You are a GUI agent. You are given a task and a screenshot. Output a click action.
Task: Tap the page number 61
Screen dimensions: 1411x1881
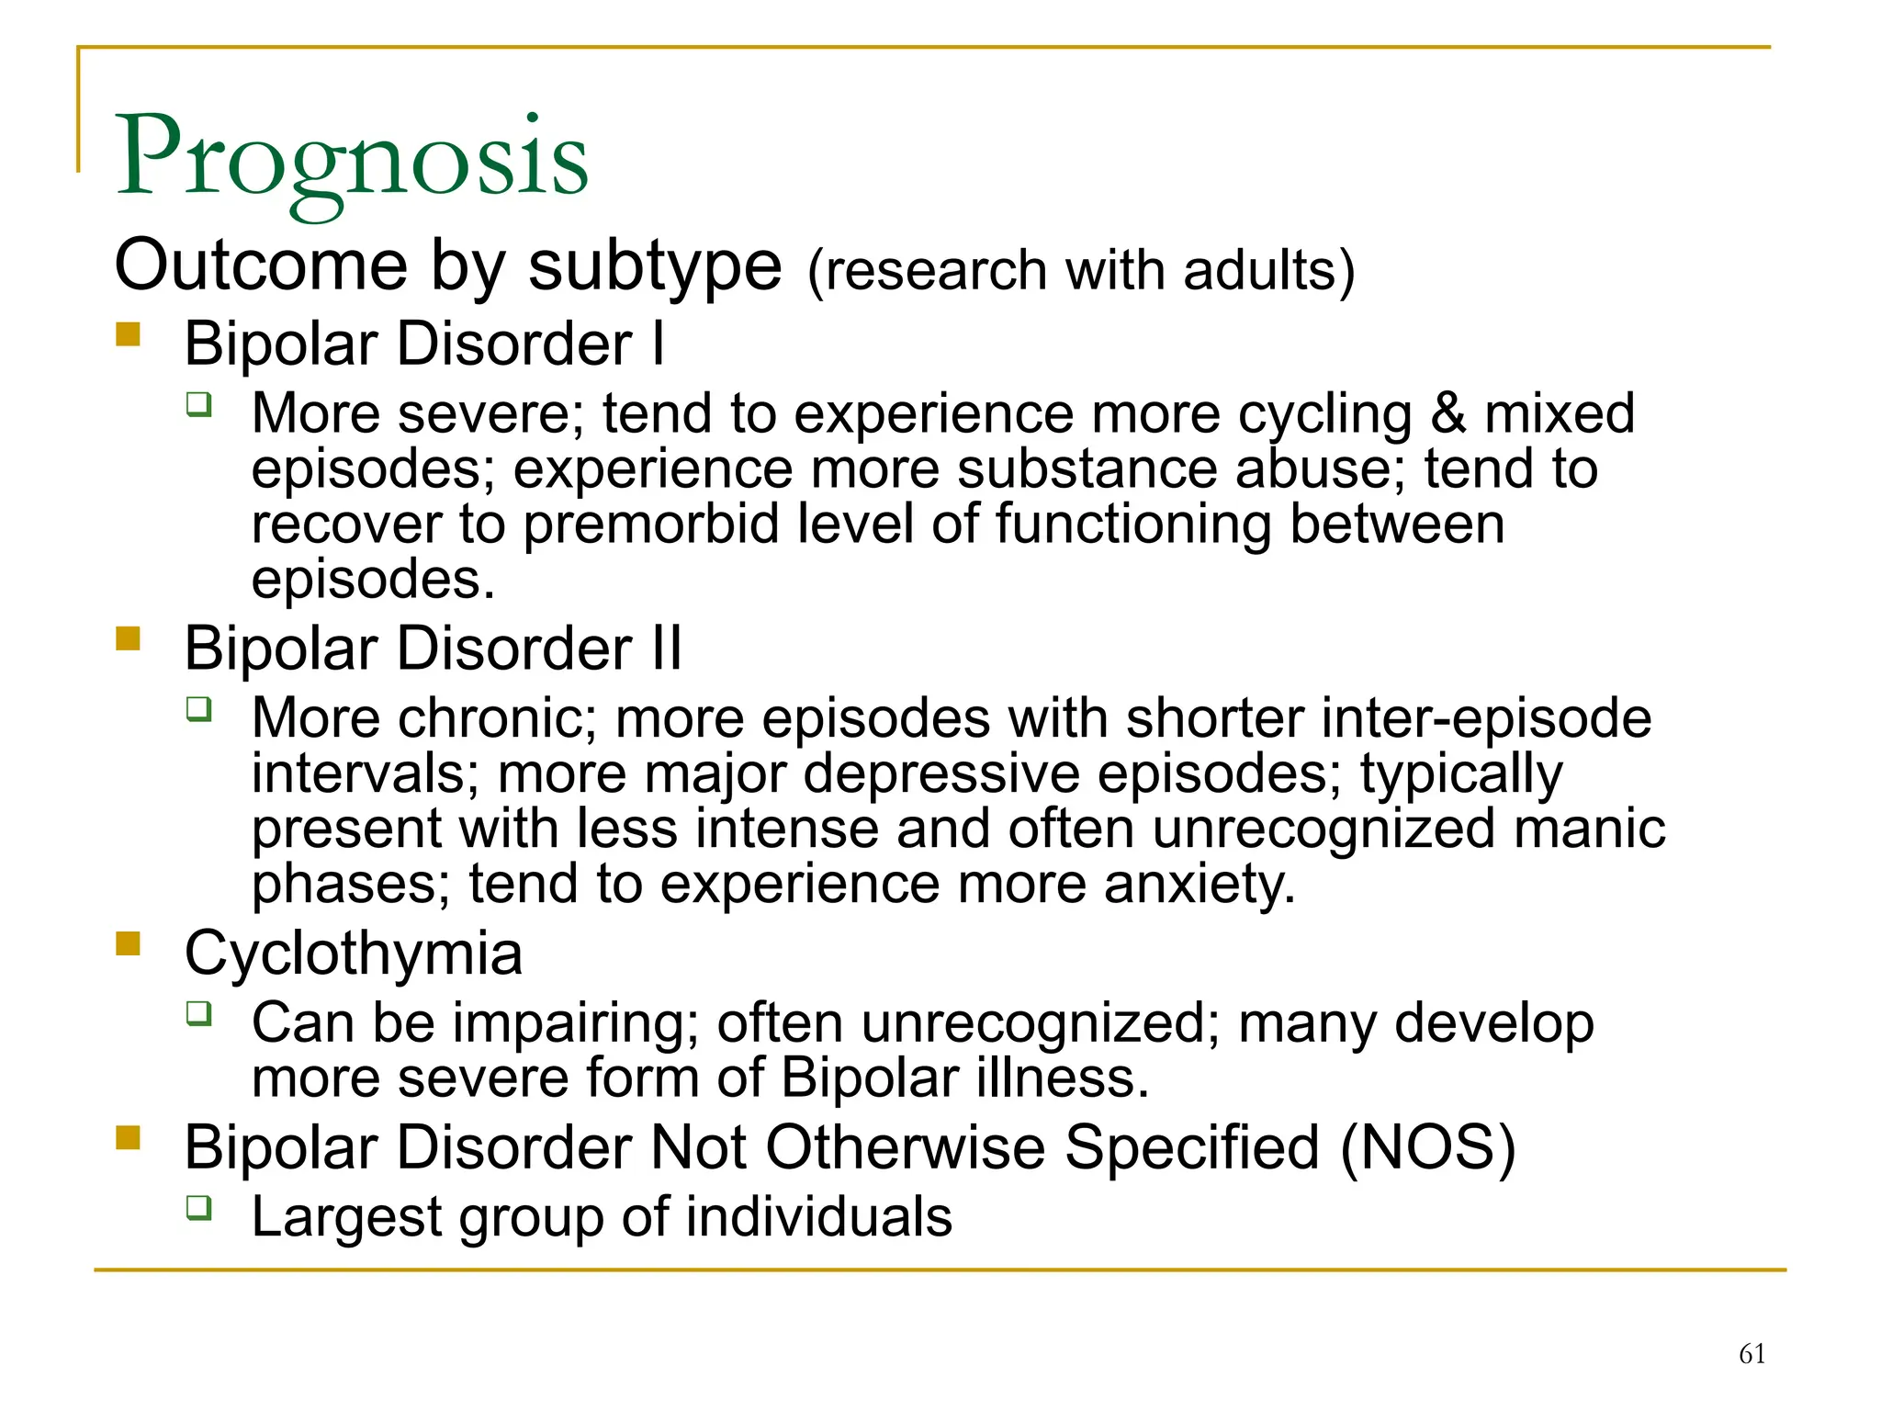click(x=1751, y=1353)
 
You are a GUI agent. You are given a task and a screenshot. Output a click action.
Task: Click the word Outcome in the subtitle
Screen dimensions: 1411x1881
click(x=261, y=265)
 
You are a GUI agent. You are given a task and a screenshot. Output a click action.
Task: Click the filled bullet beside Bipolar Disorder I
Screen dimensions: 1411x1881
click(x=129, y=333)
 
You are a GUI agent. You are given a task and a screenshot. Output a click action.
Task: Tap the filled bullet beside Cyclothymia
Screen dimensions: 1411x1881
click(x=129, y=943)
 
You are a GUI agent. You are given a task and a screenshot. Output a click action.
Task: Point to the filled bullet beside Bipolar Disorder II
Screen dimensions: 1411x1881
click(x=129, y=638)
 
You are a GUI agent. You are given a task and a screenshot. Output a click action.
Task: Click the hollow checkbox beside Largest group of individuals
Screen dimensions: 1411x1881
click(x=199, y=1207)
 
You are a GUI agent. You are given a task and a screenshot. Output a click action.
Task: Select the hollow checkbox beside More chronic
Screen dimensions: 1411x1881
click(x=199, y=708)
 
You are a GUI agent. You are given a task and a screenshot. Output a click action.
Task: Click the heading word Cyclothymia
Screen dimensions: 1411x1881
click(x=354, y=954)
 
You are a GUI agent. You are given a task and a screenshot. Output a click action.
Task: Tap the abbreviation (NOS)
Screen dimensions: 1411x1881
click(x=1427, y=1147)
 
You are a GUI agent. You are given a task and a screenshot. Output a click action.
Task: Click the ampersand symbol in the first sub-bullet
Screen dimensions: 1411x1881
click(x=1448, y=413)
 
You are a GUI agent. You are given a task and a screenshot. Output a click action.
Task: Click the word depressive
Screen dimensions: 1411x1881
click(x=941, y=773)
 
